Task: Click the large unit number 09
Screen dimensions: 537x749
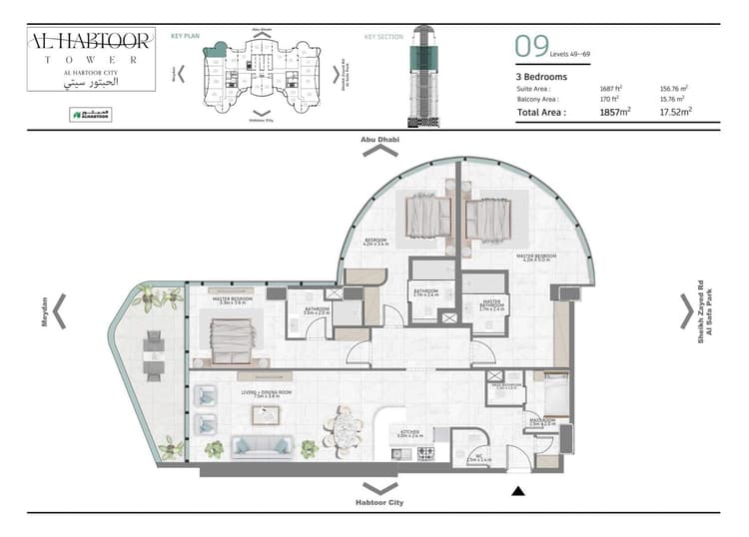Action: tap(532, 46)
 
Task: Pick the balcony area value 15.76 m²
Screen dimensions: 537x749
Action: tap(676, 99)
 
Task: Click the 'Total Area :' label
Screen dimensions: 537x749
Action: tap(541, 113)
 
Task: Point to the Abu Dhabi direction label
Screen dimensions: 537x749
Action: tap(379, 140)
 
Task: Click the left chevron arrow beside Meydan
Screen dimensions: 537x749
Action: tap(60, 311)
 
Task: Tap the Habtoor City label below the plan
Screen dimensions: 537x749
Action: tap(379, 503)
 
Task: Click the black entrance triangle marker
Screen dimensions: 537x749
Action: tap(517, 490)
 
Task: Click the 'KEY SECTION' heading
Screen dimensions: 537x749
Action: tap(383, 37)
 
